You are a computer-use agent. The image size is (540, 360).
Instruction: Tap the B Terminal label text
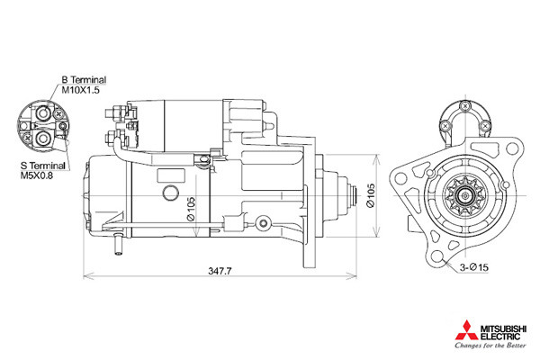coord(84,80)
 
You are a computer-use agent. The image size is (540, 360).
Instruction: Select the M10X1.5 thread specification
coord(81,90)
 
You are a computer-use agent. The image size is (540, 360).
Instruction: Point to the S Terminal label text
coord(43,166)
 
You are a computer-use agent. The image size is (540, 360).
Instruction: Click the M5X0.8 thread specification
coord(37,175)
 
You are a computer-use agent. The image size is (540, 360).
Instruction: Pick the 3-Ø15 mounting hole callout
coord(474,267)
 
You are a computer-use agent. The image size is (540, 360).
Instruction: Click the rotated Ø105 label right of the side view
coord(371,195)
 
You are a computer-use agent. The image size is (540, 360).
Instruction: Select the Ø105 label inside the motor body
coord(191,209)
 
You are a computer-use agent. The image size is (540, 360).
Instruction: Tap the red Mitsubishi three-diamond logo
coord(466,330)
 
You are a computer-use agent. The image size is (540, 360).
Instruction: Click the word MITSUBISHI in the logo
coord(503,328)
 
